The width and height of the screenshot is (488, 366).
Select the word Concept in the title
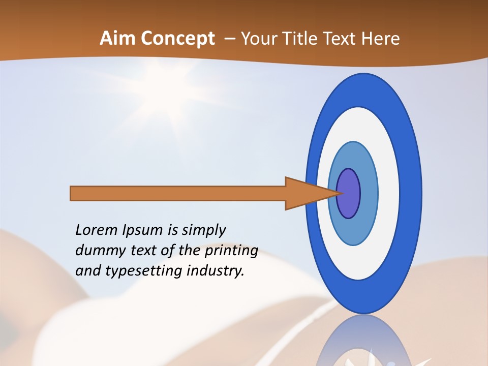click(x=177, y=39)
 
